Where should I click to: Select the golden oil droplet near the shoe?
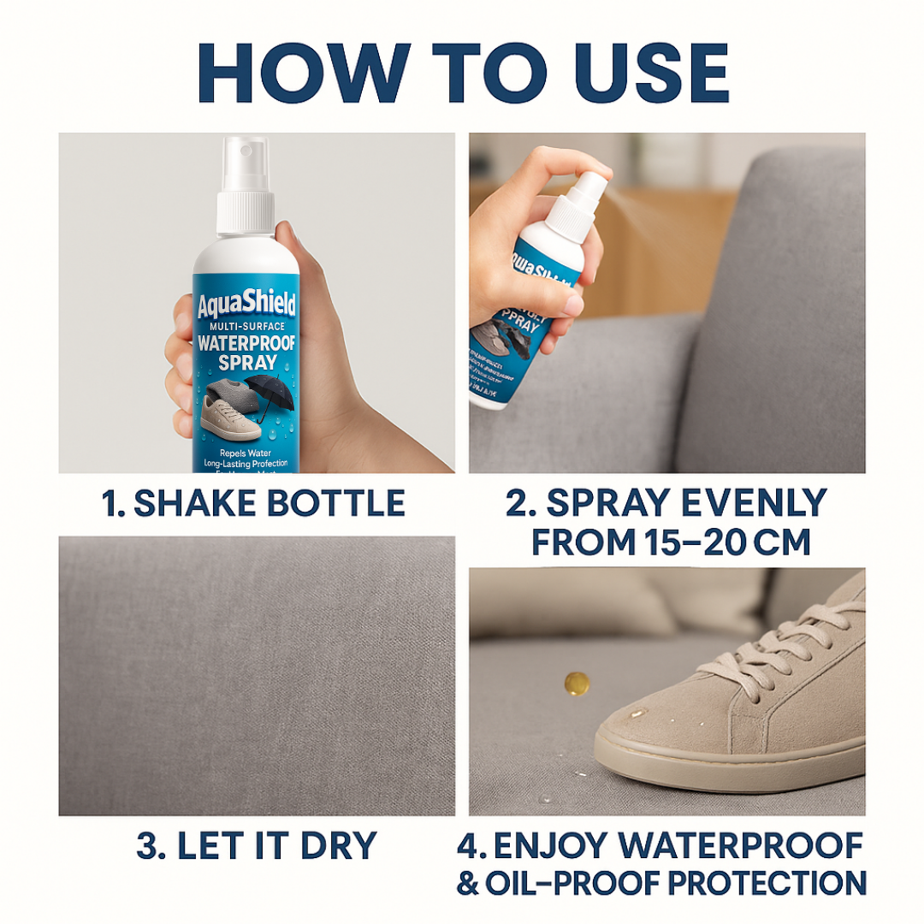click(x=576, y=683)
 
